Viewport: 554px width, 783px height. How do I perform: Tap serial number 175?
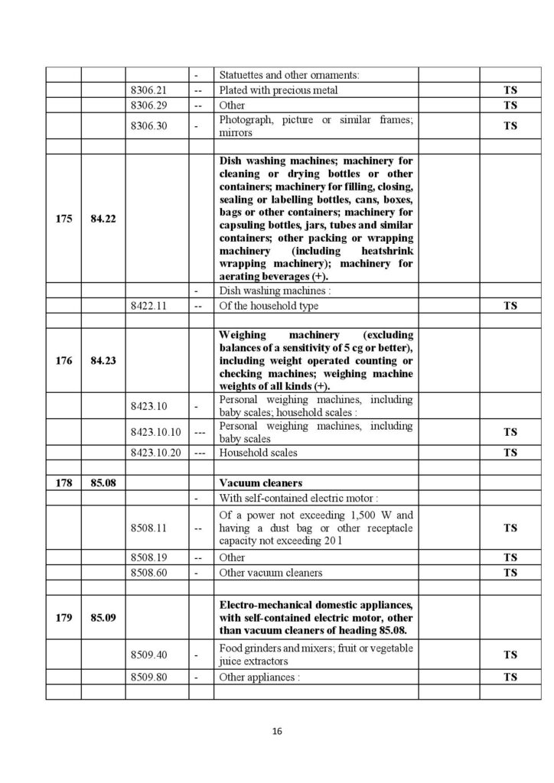tap(64, 219)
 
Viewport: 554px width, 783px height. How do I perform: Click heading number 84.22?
tap(103, 219)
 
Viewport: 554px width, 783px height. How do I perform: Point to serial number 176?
tap(64, 361)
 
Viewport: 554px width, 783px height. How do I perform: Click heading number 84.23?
tap(103, 361)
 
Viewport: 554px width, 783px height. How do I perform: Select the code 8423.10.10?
tap(155, 432)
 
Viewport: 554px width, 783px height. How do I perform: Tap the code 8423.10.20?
tap(155, 453)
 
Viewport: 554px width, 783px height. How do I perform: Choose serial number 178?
tap(64, 483)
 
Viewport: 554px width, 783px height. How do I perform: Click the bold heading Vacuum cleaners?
tap(260, 483)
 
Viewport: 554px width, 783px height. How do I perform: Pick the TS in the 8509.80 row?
tap(510, 677)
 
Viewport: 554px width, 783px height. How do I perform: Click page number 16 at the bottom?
tap(277, 732)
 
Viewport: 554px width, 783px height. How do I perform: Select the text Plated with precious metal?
tap(279, 90)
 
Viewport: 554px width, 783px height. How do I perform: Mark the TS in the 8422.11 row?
tap(510, 306)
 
